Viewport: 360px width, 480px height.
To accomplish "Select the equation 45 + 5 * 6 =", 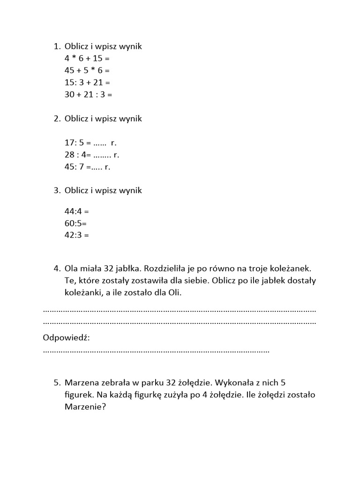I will (87, 70).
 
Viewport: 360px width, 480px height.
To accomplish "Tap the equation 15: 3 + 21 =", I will (87, 82).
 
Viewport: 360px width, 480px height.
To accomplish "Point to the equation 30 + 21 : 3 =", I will (89, 94).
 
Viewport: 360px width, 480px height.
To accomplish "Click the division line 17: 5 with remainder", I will (90, 142).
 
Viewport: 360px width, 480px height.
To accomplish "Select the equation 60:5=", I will (75, 223).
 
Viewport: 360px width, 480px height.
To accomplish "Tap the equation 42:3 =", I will (76, 235).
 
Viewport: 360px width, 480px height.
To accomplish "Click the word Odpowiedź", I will (66, 338).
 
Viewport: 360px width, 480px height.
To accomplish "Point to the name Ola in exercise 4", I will (72, 269).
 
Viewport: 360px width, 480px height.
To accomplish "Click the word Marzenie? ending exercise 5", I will (85, 407).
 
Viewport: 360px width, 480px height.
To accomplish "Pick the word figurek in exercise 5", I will (78, 395).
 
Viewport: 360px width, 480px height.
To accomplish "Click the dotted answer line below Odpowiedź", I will (156, 351).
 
